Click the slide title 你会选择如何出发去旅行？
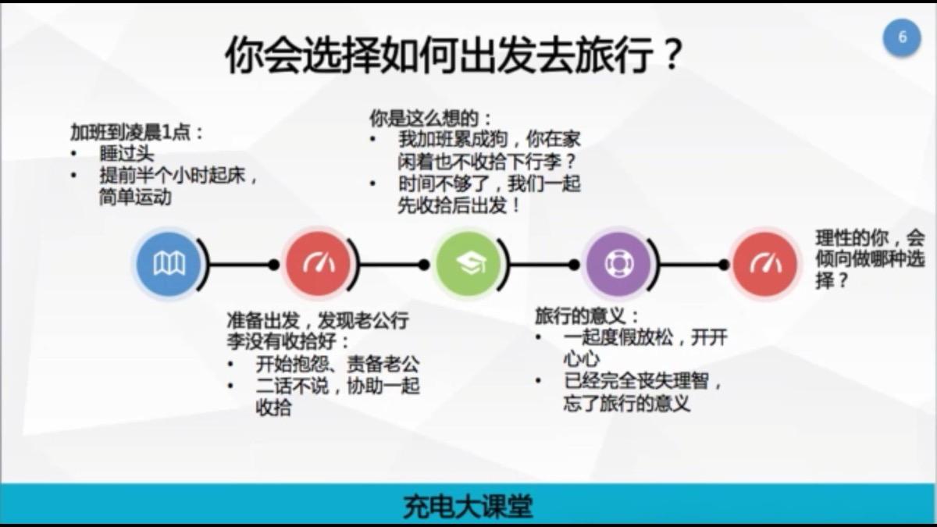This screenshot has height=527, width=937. point(454,55)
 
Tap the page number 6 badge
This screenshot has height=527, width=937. point(902,37)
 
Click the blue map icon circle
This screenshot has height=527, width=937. point(169,265)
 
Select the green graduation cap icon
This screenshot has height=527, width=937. point(468,265)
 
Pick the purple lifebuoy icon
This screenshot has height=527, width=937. point(618,265)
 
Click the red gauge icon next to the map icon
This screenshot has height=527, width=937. point(319,265)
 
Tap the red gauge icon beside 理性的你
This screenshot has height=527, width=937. point(765,265)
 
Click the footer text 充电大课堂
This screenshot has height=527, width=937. point(468,507)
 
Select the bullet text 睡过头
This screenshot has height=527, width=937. point(126,154)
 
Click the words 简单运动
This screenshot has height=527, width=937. point(136,197)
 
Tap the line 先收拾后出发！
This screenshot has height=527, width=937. point(459,205)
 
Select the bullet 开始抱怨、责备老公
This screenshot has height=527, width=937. point(337,365)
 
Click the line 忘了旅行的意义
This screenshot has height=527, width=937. point(626,403)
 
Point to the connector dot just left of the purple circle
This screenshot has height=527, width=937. point(574,265)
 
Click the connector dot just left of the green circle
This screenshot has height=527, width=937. point(424,265)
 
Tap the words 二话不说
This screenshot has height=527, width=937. point(292,386)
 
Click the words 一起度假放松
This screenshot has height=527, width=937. point(618,337)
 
